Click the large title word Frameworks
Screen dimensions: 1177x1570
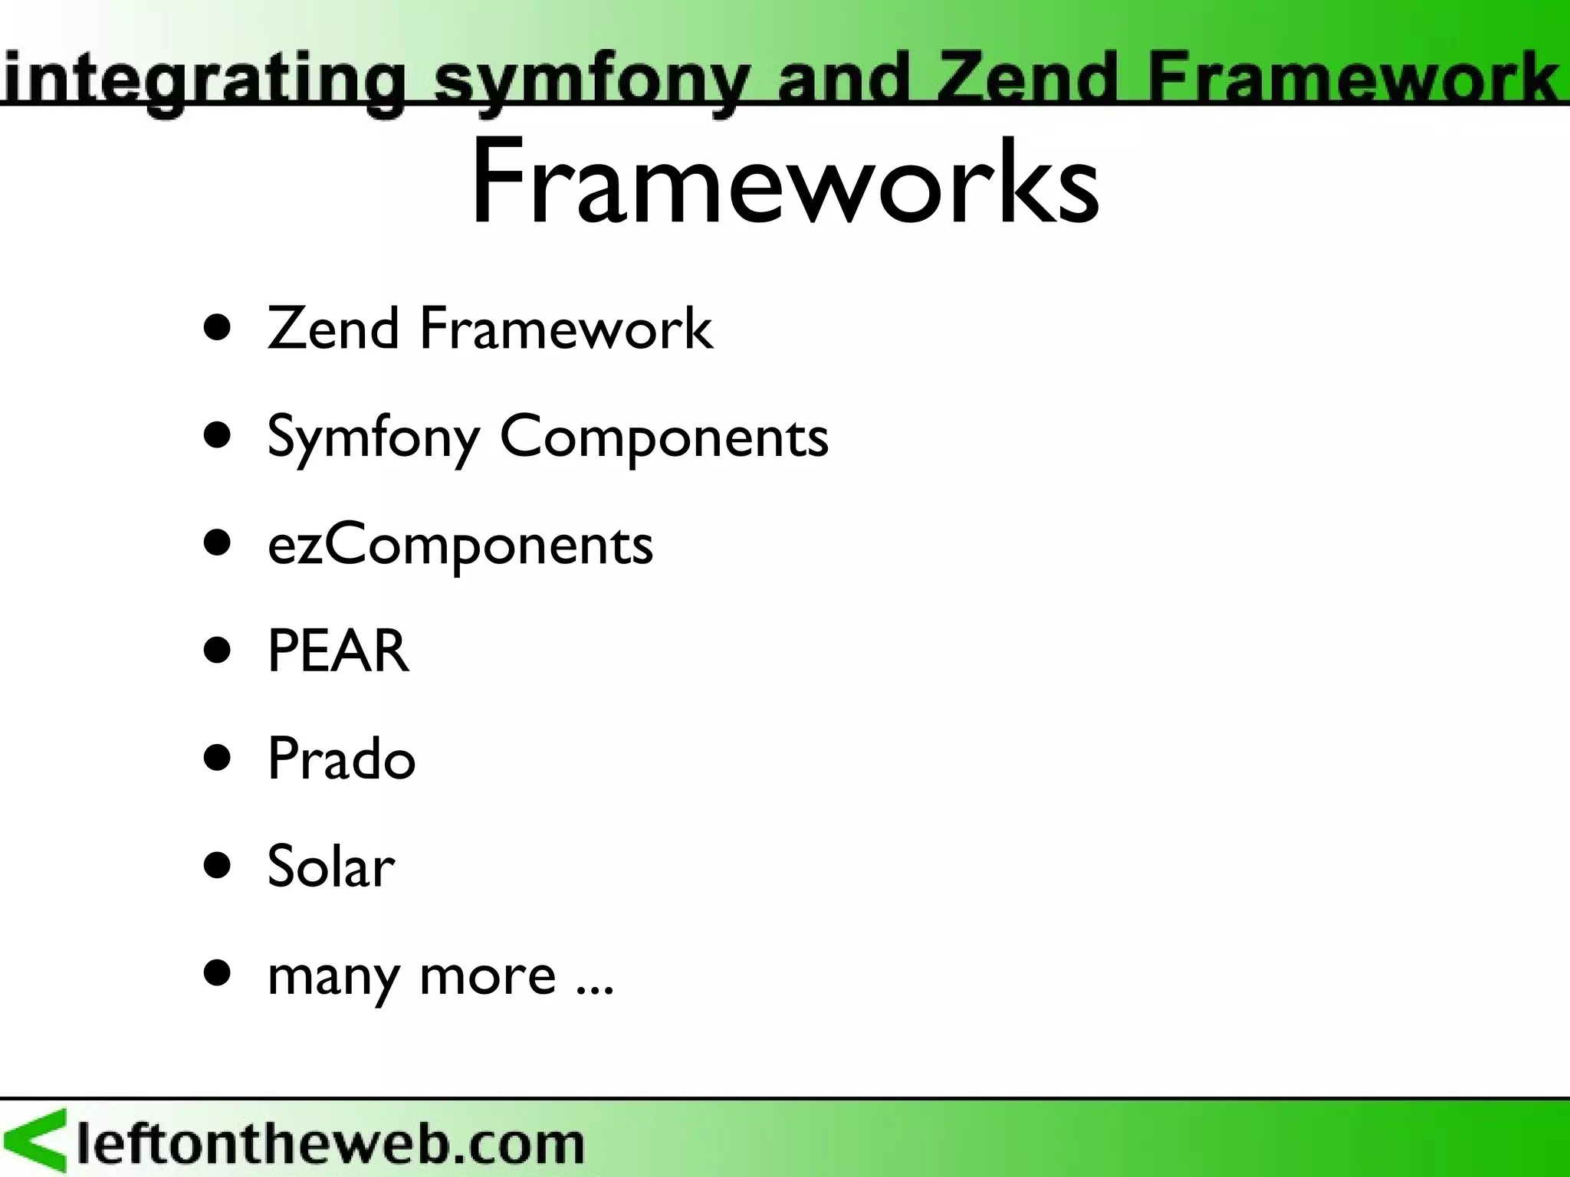[x=784, y=182]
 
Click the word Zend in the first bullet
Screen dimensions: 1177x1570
[x=333, y=329]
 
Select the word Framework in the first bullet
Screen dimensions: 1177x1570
[x=566, y=329]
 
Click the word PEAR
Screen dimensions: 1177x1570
[x=338, y=651]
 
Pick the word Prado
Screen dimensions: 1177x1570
[x=341, y=759]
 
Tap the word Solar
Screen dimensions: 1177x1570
[x=330, y=867]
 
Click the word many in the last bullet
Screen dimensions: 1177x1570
[x=333, y=976]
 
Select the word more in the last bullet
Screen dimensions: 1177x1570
[x=488, y=975]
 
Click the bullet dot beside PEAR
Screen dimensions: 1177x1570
[x=218, y=651]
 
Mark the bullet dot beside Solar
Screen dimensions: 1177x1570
[x=218, y=866]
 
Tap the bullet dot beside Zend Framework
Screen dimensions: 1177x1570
[x=218, y=329]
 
